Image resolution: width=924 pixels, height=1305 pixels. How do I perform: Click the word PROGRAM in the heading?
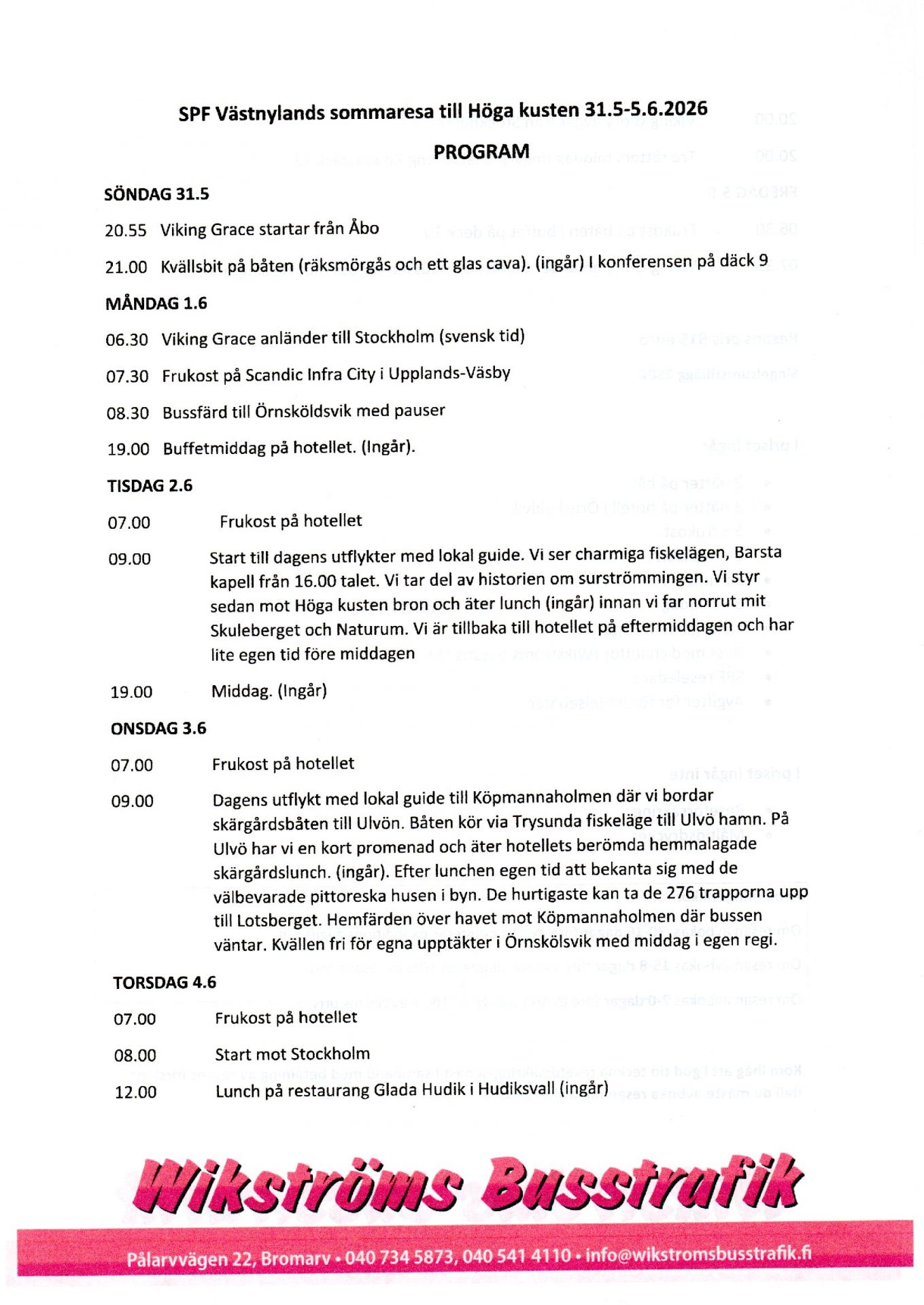481,152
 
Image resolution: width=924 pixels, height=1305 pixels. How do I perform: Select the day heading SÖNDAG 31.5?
156,194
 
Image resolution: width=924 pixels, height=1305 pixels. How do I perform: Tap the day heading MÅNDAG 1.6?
156,303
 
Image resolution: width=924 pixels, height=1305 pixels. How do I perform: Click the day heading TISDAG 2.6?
150,486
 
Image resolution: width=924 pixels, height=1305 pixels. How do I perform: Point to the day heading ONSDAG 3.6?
158,729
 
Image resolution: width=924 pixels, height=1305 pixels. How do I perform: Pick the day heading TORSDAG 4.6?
165,983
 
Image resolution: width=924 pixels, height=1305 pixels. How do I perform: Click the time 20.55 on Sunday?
126,230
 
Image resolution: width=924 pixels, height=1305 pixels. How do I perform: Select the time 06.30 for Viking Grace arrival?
126,340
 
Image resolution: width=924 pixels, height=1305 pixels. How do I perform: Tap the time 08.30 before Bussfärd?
128,413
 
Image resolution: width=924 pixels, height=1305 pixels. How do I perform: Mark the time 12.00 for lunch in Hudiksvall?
135,1092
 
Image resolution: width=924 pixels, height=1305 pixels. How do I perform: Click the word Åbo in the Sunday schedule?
364,228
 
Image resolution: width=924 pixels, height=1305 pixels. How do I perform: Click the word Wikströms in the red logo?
299,1187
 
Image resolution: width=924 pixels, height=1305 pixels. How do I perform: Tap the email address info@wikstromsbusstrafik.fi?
698,1254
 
